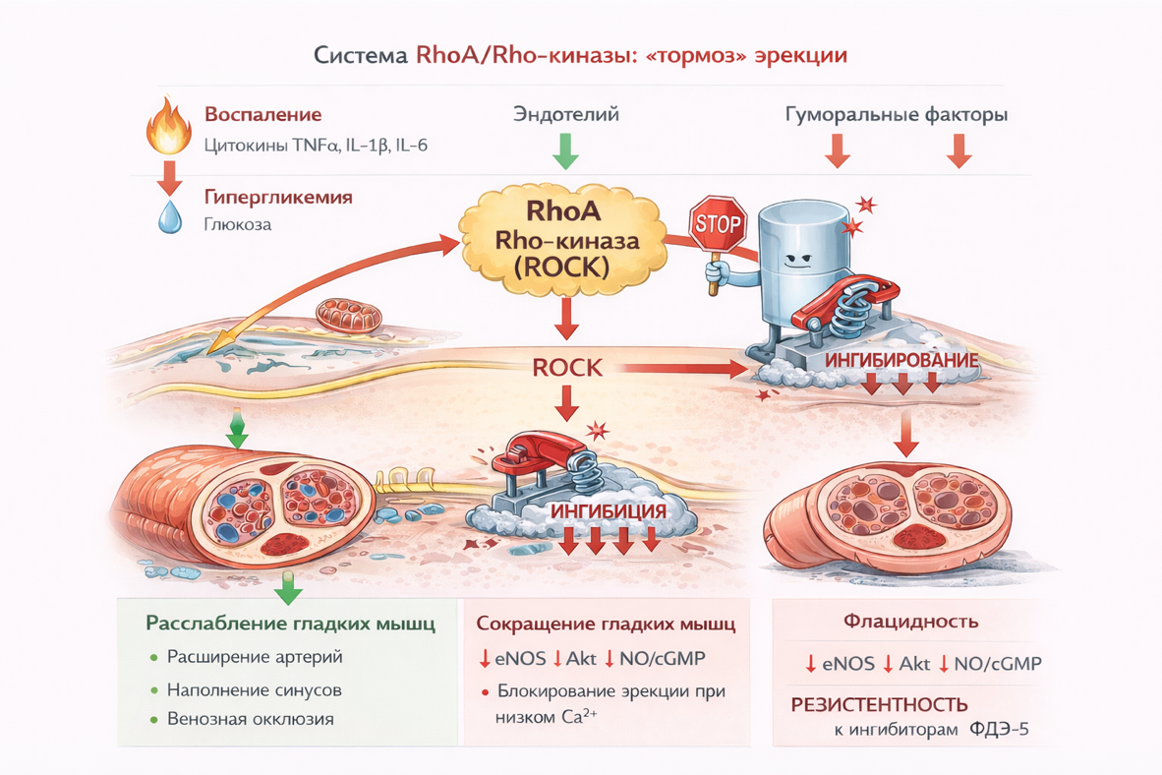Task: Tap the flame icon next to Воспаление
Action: point(168,127)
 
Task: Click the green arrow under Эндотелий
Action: point(565,150)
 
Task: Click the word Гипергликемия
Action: point(278,198)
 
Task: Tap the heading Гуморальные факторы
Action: point(896,115)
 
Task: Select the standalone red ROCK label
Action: point(566,368)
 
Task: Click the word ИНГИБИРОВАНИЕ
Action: point(901,361)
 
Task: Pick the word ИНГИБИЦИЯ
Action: point(609,512)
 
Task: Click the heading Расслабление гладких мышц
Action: point(290,624)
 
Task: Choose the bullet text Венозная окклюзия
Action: point(251,719)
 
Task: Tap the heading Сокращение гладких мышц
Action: point(607,625)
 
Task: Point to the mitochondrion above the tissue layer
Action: point(349,317)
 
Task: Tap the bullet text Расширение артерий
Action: point(255,656)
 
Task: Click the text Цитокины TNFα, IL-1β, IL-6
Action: point(316,146)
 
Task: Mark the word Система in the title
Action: point(356,55)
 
